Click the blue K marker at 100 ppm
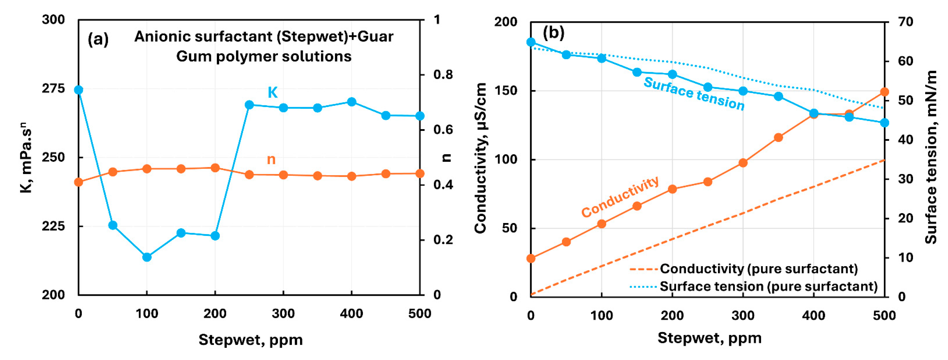(x=147, y=257)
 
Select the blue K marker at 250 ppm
(x=249, y=105)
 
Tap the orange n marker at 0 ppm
(x=78, y=182)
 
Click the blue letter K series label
(x=272, y=92)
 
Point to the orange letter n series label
(x=271, y=159)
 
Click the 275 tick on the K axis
(x=53, y=89)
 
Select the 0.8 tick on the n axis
(x=443, y=75)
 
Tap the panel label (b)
(x=553, y=33)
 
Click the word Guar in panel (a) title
(x=375, y=37)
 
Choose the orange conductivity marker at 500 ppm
(x=884, y=92)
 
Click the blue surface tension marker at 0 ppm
(x=531, y=42)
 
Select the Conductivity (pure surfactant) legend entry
(x=758, y=269)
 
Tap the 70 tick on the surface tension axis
(x=905, y=22)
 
